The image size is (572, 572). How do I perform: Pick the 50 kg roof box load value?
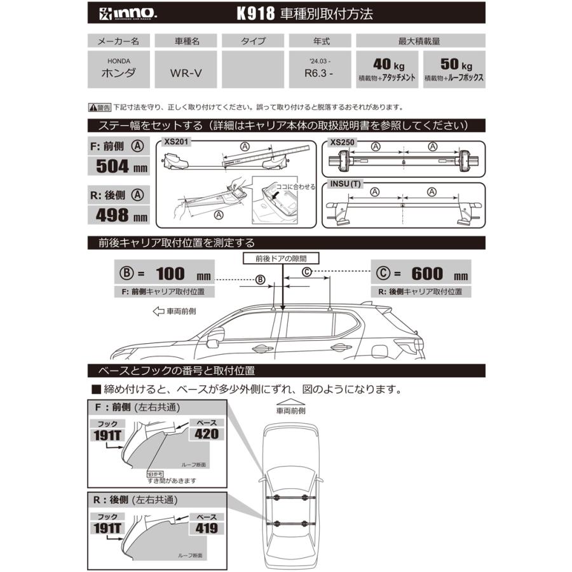pyautogui.click(x=454, y=65)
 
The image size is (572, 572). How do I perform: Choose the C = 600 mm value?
pyautogui.click(x=422, y=275)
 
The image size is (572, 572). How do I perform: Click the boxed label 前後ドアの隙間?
pyautogui.click(x=281, y=259)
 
